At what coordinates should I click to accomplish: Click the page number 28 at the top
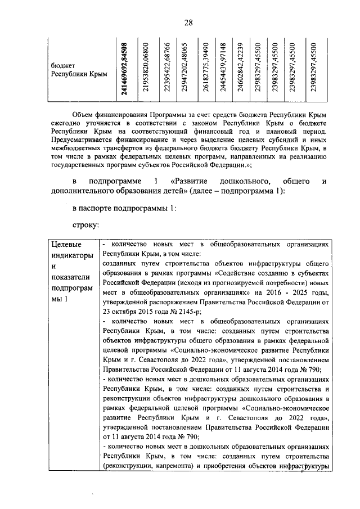click(188, 22)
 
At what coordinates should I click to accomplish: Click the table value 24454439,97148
click(223, 69)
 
